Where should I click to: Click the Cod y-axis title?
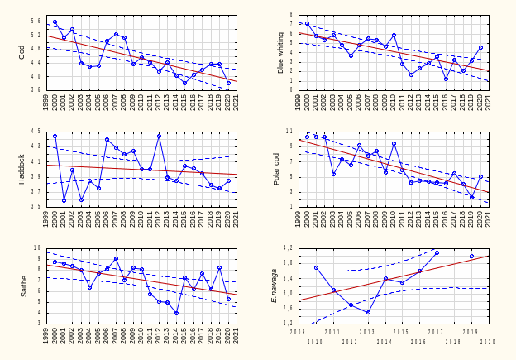point(22,51)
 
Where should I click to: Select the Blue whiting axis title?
point(281,52)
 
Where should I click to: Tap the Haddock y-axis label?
point(22,168)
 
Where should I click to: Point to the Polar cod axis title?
point(278,168)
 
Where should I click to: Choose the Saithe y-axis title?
point(24,286)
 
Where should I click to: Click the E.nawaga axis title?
point(275,285)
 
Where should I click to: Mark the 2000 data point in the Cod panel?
point(55,22)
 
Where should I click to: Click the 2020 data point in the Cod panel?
point(228,83)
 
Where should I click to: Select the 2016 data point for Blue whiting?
point(446,79)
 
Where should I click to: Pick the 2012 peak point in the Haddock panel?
point(159,136)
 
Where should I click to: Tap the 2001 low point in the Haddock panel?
point(64,200)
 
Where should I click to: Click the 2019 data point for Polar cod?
point(471,197)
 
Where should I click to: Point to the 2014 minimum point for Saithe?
point(176,313)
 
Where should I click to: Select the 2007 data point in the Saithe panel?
point(116,258)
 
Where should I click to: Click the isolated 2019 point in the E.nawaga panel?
point(471,256)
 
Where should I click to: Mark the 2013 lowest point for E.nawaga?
point(368,312)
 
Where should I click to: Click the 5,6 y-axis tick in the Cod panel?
point(36,21)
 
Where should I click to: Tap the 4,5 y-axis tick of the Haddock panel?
point(36,132)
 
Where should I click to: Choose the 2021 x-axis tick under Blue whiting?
point(489,102)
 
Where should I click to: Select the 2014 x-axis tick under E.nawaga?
point(384,341)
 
